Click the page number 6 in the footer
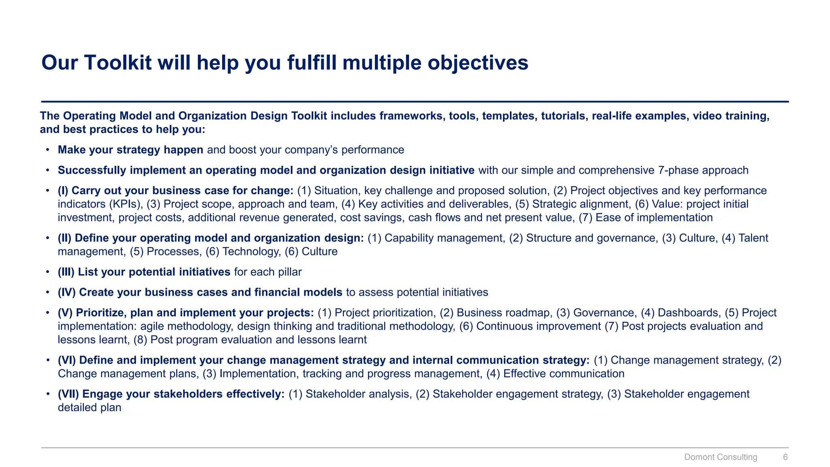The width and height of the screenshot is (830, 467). coord(785,457)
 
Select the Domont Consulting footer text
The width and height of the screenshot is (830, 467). coord(721,457)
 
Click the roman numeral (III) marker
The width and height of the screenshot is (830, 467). coord(66,272)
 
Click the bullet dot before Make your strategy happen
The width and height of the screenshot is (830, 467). coord(48,150)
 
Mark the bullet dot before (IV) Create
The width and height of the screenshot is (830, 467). coord(48,292)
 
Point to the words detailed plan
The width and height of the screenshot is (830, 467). coord(90,407)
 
